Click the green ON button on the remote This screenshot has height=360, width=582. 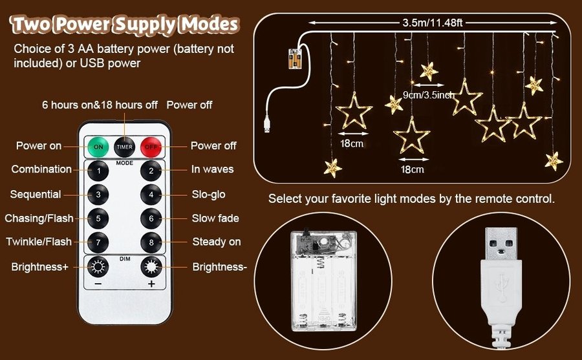[x=98, y=147]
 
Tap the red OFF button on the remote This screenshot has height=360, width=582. [x=151, y=147]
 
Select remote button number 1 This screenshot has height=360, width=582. [x=98, y=171]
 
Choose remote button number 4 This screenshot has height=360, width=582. [x=151, y=195]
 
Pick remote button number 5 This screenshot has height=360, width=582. [x=98, y=218]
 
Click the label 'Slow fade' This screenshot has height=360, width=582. [x=215, y=218]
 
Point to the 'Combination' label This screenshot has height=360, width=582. [x=41, y=169]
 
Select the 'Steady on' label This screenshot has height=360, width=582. [x=217, y=242]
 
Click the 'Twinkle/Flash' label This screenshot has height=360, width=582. [x=39, y=242]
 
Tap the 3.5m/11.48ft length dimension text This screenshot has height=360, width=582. [x=433, y=23]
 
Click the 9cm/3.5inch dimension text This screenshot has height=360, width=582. [x=429, y=95]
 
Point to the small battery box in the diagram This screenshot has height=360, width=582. [x=296, y=59]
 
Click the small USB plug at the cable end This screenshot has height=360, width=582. [x=267, y=124]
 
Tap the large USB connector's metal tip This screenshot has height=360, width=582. [x=501, y=244]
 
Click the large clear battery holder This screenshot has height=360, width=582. [x=324, y=281]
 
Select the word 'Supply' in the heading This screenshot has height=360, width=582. [x=145, y=25]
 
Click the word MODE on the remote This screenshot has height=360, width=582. [x=124, y=163]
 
